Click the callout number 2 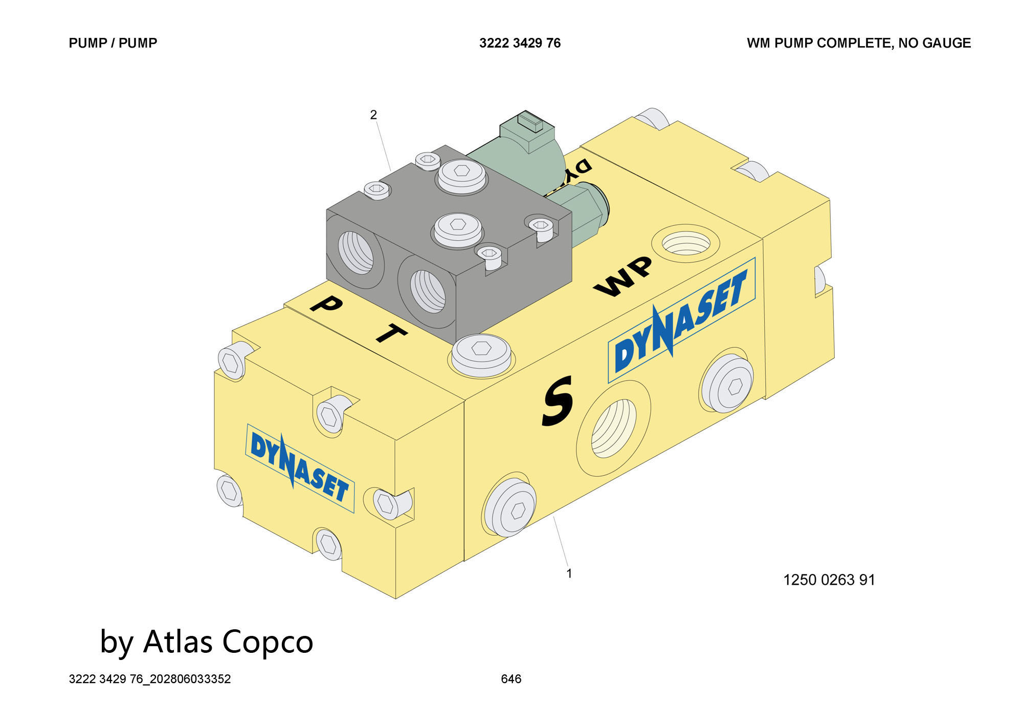373,115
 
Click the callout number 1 569,573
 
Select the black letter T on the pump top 391,333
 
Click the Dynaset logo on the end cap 299,469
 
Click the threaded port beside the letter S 613,429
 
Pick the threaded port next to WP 685,243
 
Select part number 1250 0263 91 829,580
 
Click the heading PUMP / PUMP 113,43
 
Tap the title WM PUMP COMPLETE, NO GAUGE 858,43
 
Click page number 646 511,679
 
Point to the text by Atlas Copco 206,642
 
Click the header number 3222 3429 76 520,43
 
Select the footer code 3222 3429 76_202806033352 150,679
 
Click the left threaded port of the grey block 357,252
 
